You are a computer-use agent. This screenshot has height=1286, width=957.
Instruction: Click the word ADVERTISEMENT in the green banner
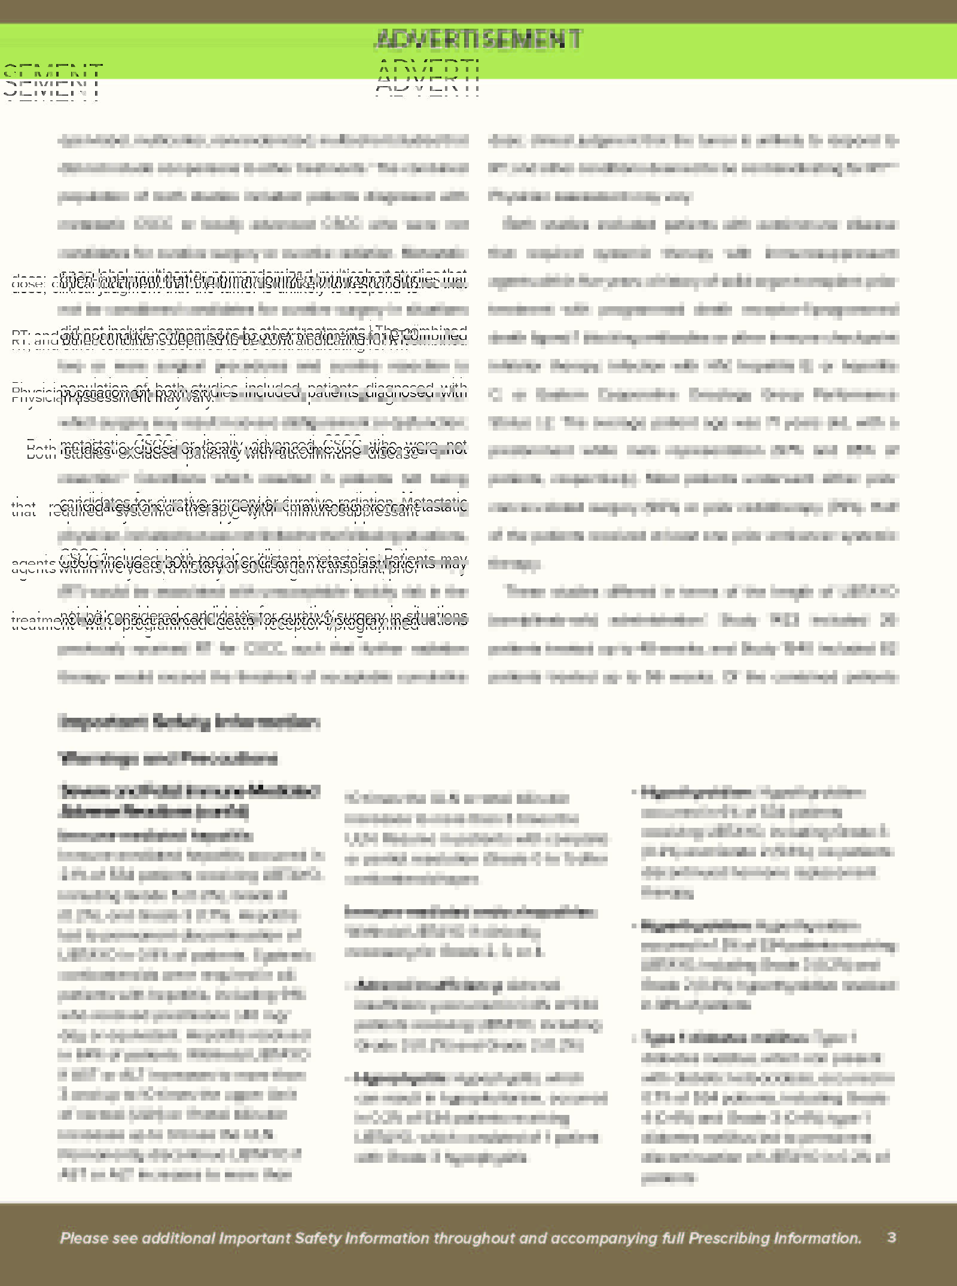(477, 39)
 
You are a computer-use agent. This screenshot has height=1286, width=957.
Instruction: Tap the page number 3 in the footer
(891, 1237)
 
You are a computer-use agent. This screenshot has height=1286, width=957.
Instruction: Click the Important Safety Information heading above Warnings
(189, 723)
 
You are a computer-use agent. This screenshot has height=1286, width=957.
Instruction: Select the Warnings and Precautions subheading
(168, 758)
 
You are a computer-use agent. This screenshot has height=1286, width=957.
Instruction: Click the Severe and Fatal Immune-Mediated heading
(189, 791)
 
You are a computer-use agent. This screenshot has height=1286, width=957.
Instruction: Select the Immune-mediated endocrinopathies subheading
(470, 912)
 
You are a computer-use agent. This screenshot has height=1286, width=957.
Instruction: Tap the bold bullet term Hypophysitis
(400, 1078)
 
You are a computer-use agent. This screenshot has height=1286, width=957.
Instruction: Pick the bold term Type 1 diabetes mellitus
(724, 1037)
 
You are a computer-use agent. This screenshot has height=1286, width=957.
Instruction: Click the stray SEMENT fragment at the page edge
(53, 83)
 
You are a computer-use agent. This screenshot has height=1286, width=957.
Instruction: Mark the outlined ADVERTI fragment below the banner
(427, 78)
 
